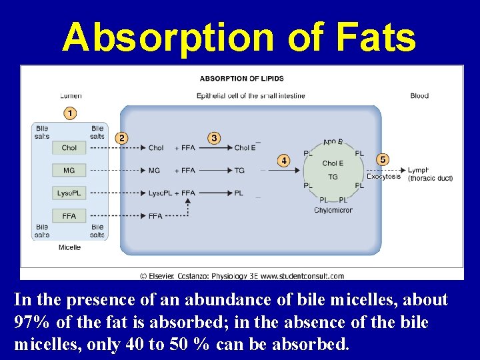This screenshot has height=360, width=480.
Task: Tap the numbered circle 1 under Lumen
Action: (x=70, y=113)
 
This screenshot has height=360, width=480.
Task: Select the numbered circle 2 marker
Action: (x=121, y=138)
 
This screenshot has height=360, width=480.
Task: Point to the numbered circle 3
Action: (x=214, y=138)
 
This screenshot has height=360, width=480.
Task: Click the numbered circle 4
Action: (x=284, y=161)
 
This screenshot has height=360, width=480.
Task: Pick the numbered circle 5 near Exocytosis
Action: (x=382, y=160)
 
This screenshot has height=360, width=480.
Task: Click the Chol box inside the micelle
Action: (x=69, y=148)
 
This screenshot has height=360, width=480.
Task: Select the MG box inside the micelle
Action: (x=69, y=171)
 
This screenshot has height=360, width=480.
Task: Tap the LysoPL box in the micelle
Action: (x=69, y=193)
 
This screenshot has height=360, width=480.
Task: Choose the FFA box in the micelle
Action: (x=69, y=216)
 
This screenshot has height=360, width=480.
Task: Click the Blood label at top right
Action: (x=419, y=96)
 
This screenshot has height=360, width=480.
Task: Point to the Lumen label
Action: (x=71, y=96)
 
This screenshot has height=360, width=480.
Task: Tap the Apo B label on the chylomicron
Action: (x=333, y=142)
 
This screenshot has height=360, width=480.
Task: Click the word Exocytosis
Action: (x=383, y=177)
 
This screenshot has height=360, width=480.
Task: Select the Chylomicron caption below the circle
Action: (x=333, y=211)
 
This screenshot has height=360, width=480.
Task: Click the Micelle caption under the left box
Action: (x=69, y=247)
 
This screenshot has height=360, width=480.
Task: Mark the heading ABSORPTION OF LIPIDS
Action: (x=242, y=78)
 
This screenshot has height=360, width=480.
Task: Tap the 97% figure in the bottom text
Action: (x=31, y=323)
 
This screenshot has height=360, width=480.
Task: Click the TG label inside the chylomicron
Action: (x=333, y=177)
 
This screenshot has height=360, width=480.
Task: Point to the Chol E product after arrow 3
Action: (x=245, y=148)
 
